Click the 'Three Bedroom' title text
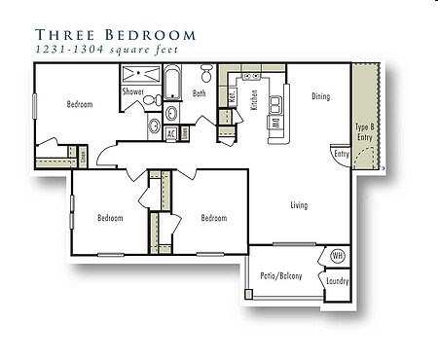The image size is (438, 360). (116, 35)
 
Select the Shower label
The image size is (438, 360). (133, 92)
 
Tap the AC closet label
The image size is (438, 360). (170, 134)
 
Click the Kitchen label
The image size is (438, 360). (254, 98)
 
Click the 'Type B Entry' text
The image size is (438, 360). (363, 133)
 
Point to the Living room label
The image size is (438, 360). (300, 205)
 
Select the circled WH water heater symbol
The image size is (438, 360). (337, 256)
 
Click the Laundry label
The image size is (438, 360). (338, 281)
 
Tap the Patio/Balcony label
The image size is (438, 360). (280, 276)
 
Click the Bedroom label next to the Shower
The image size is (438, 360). (80, 104)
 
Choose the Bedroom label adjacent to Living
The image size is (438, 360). (213, 218)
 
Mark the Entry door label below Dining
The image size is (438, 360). (341, 154)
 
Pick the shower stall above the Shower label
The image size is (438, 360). (140, 74)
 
